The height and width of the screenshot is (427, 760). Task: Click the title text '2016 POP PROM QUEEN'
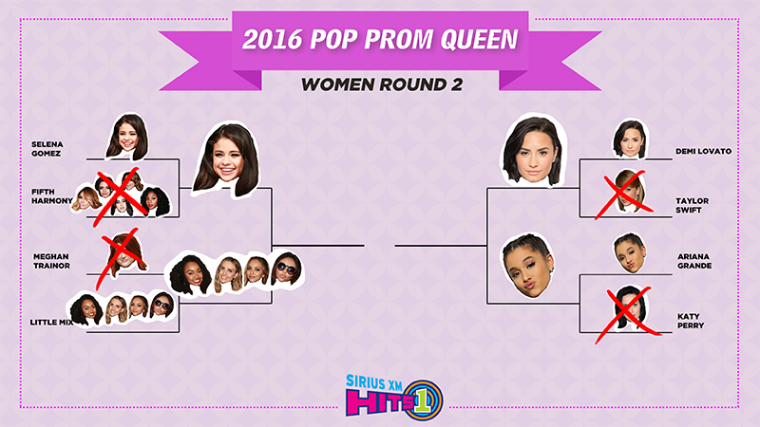coord(380,39)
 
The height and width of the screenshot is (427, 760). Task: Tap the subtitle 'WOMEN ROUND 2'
coord(382,84)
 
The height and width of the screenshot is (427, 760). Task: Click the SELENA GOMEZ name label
coord(47,149)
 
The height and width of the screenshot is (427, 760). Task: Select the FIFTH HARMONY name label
coord(52,196)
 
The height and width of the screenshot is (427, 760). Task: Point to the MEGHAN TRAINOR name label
coord(51,261)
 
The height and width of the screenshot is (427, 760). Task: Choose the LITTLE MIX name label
coord(51,322)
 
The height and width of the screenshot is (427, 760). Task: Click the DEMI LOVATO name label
coord(703,151)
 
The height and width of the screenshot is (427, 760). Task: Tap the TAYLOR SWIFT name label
coord(693,205)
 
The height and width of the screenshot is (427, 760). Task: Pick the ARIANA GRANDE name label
coord(694,261)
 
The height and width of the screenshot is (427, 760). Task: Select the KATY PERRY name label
coord(691,321)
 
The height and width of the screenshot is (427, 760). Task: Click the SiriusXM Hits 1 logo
coord(394,395)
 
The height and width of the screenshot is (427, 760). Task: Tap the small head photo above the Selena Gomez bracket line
coord(127,137)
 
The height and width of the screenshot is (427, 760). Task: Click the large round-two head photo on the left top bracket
coord(226,159)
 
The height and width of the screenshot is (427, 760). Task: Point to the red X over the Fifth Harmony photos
coord(121,197)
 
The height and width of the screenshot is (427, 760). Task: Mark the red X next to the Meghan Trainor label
coord(121,258)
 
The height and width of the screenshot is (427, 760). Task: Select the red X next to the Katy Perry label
coord(628,315)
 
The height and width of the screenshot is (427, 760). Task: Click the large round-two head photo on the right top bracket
coord(534,149)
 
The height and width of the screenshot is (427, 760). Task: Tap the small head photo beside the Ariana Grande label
coord(631,252)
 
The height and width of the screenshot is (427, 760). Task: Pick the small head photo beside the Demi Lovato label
coord(630,139)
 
